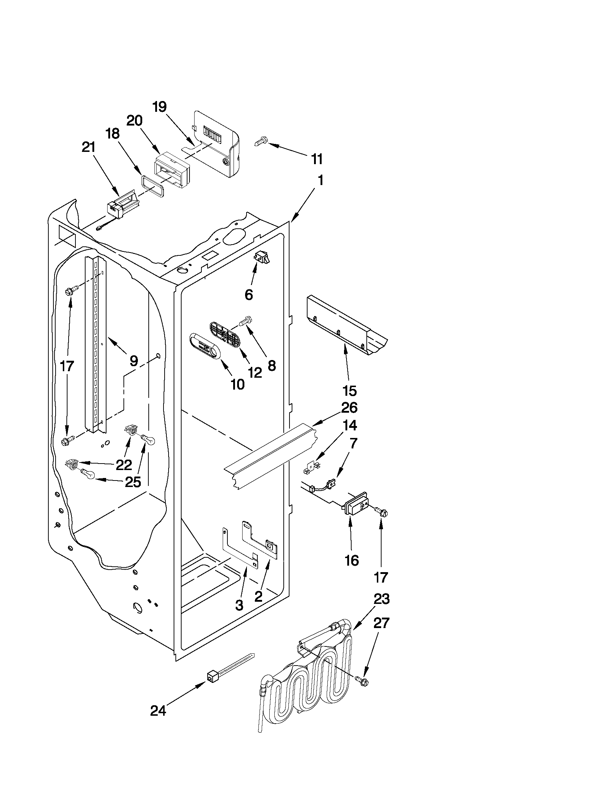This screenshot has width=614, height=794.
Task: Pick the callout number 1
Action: [320, 181]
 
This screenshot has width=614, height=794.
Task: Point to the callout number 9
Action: [134, 360]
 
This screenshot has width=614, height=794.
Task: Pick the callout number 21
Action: [87, 148]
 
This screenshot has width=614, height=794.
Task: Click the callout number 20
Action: [134, 120]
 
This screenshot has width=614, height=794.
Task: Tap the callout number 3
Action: [239, 605]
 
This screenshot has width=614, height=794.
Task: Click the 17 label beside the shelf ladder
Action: [67, 366]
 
